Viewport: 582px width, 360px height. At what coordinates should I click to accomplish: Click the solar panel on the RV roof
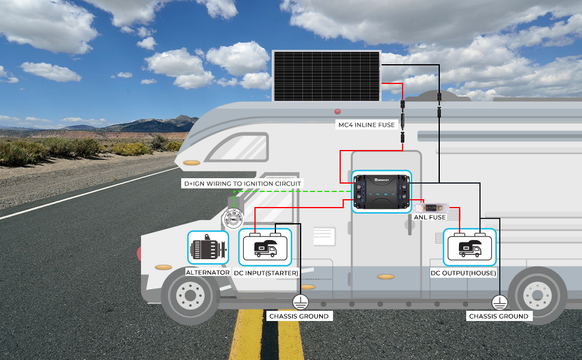click(x=326, y=76)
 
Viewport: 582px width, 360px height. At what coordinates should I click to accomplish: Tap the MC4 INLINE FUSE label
click(x=367, y=125)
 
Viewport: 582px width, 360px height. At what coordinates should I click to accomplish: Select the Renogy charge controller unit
click(x=381, y=191)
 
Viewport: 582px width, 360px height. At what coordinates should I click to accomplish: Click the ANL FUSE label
click(x=430, y=217)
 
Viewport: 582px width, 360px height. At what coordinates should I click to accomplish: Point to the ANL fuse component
click(x=431, y=208)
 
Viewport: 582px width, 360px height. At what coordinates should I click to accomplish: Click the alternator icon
click(x=208, y=248)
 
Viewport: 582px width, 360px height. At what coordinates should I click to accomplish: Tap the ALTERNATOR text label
click(x=208, y=272)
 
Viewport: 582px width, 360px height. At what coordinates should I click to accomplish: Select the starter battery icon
click(x=265, y=247)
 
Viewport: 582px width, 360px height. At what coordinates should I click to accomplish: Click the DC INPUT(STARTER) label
click(x=266, y=273)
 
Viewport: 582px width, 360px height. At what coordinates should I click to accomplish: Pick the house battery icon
click(x=470, y=247)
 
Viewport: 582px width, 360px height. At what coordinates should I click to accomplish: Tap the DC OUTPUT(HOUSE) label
click(x=463, y=273)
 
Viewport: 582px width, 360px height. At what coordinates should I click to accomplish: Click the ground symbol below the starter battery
click(x=300, y=302)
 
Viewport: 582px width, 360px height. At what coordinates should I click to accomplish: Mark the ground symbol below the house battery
click(x=500, y=302)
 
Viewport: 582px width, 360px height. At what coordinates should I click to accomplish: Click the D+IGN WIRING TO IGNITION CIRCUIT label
click(x=242, y=184)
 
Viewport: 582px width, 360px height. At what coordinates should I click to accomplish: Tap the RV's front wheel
click(x=190, y=296)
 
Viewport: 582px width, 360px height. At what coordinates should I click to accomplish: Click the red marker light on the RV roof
click(x=337, y=112)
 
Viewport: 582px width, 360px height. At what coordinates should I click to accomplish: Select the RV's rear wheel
click(x=537, y=296)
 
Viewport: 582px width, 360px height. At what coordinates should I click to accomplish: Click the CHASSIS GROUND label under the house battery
click(x=499, y=316)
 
